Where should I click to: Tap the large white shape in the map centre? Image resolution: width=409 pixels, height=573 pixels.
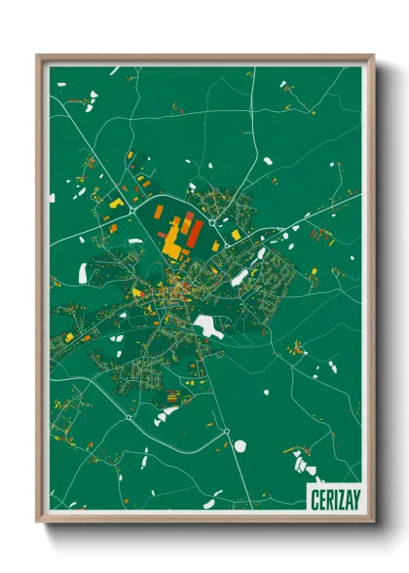[207, 325]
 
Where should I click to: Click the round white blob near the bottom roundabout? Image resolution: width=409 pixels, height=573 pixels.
[240, 446]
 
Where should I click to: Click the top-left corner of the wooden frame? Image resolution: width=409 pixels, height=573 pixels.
[38, 56]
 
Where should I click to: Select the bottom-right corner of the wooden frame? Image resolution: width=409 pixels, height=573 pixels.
[373, 523]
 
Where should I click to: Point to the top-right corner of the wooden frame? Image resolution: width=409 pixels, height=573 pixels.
[373, 56]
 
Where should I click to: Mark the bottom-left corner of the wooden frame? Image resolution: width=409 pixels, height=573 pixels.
[38, 523]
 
